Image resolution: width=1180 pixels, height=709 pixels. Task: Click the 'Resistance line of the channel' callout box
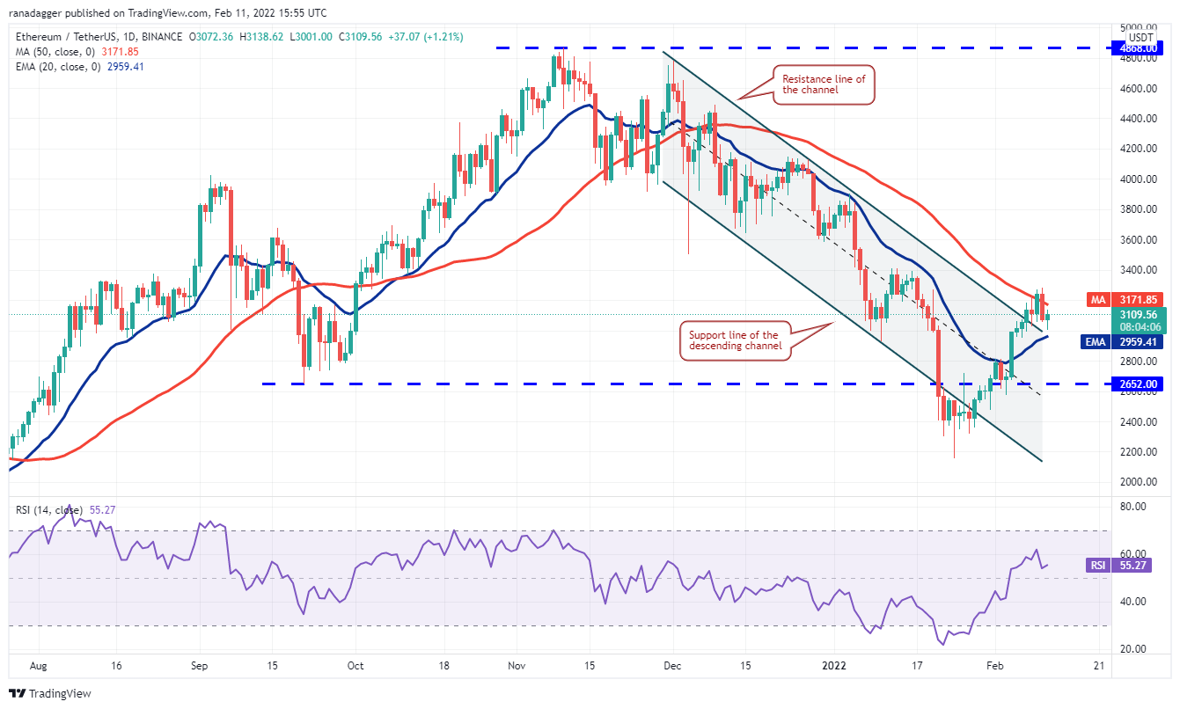pyautogui.click(x=824, y=84)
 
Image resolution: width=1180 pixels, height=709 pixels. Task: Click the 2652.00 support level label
pyautogui.click(x=1139, y=384)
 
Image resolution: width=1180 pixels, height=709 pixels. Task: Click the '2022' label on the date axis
pyautogui.click(x=833, y=665)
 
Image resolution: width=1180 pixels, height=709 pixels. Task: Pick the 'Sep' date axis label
pyautogui.click(x=199, y=665)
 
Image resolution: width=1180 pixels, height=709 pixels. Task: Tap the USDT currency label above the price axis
pyautogui.click(x=1140, y=37)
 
